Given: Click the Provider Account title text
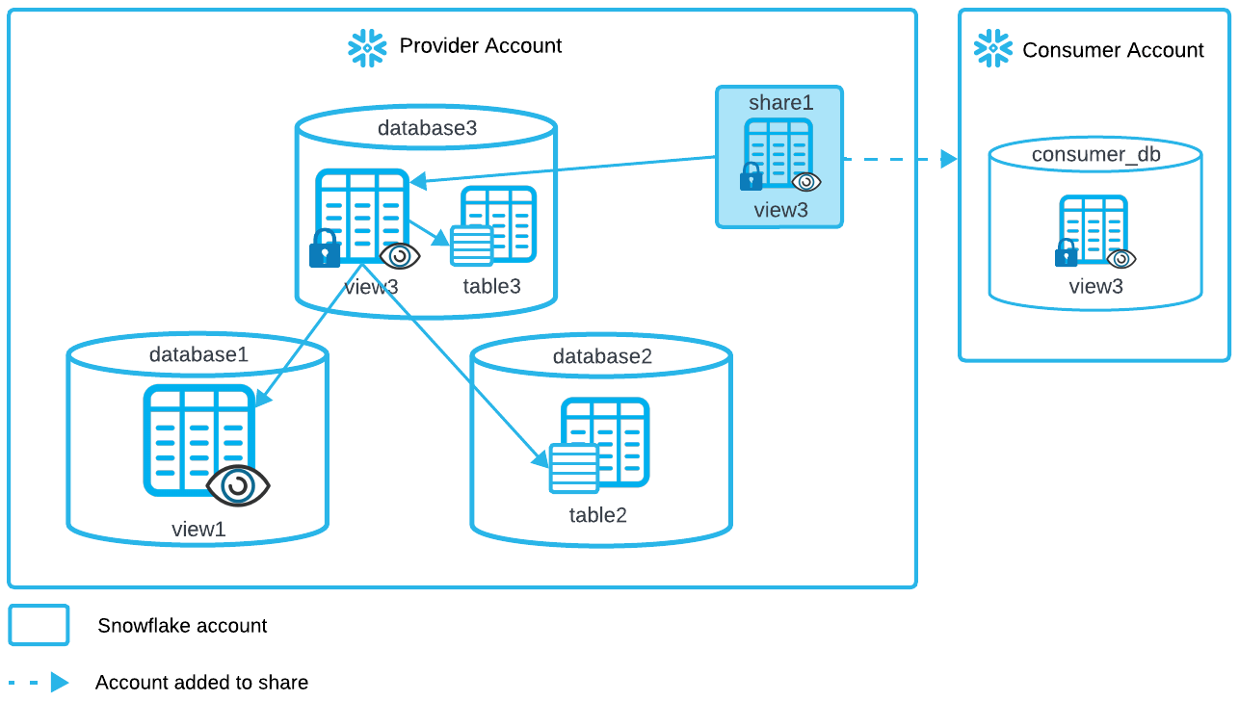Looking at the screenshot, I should click(481, 46).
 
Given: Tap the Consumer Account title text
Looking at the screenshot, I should click(1113, 50).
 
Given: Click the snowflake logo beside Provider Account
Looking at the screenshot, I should click(367, 47).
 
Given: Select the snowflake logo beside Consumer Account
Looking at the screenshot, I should click(993, 48).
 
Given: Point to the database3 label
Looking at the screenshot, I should click(427, 128).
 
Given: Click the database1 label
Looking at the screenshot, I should click(198, 354).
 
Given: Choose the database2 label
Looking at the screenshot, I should click(602, 356).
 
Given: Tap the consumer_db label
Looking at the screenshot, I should click(1096, 155).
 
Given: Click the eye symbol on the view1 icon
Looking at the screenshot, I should click(238, 485).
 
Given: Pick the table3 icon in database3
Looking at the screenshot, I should click(493, 226).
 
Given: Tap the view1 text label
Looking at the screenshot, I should click(198, 528).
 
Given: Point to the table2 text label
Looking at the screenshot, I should click(597, 515).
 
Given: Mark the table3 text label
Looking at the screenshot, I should click(491, 286).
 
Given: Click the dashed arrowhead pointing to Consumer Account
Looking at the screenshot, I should click(949, 159).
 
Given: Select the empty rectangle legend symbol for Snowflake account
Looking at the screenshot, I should click(39, 625).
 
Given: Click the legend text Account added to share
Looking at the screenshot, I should click(201, 683).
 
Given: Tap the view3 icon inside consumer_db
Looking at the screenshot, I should click(1094, 231).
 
